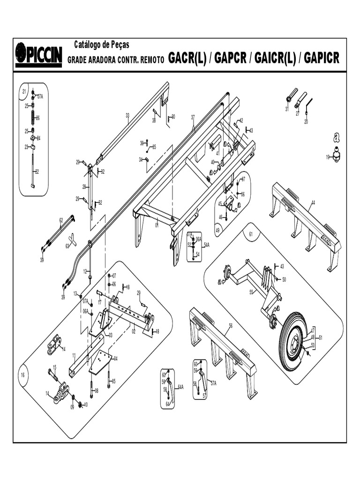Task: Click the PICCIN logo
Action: click(x=38, y=54)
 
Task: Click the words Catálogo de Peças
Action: click(x=102, y=45)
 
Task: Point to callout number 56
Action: click(x=231, y=325)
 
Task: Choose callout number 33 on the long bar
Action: click(x=127, y=115)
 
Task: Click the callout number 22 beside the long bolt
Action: click(x=37, y=172)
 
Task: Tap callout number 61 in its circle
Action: click(x=251, y=233)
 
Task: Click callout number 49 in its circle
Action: click(x=218, y=231)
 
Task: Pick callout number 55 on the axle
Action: click(x=251, y=292)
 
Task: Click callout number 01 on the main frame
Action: click(x=157, y=225)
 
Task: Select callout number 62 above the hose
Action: click(x=61, y=220)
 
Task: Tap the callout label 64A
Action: click(x=180, y=387)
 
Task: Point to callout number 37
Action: click(x=193, y=117)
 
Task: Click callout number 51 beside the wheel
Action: click(x=321, y=337)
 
